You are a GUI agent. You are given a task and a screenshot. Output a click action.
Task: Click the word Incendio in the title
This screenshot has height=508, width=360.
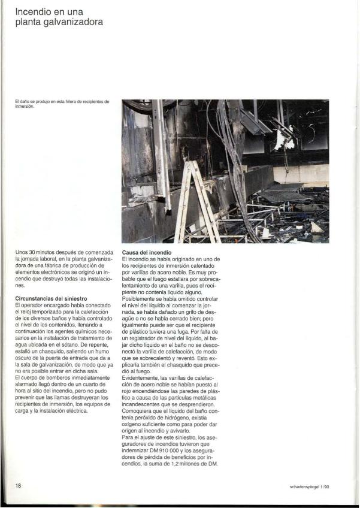(x=32, y=11)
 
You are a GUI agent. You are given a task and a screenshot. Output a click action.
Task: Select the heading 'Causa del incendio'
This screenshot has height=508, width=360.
(x=147, y=253)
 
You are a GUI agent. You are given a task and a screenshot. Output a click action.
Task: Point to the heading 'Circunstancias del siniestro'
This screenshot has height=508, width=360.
(x=52, y=298)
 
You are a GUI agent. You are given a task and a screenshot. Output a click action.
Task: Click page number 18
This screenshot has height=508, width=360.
(x=19, y=486)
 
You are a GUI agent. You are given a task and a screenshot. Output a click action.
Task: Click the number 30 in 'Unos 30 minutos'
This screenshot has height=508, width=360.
(x=33, y=253)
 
